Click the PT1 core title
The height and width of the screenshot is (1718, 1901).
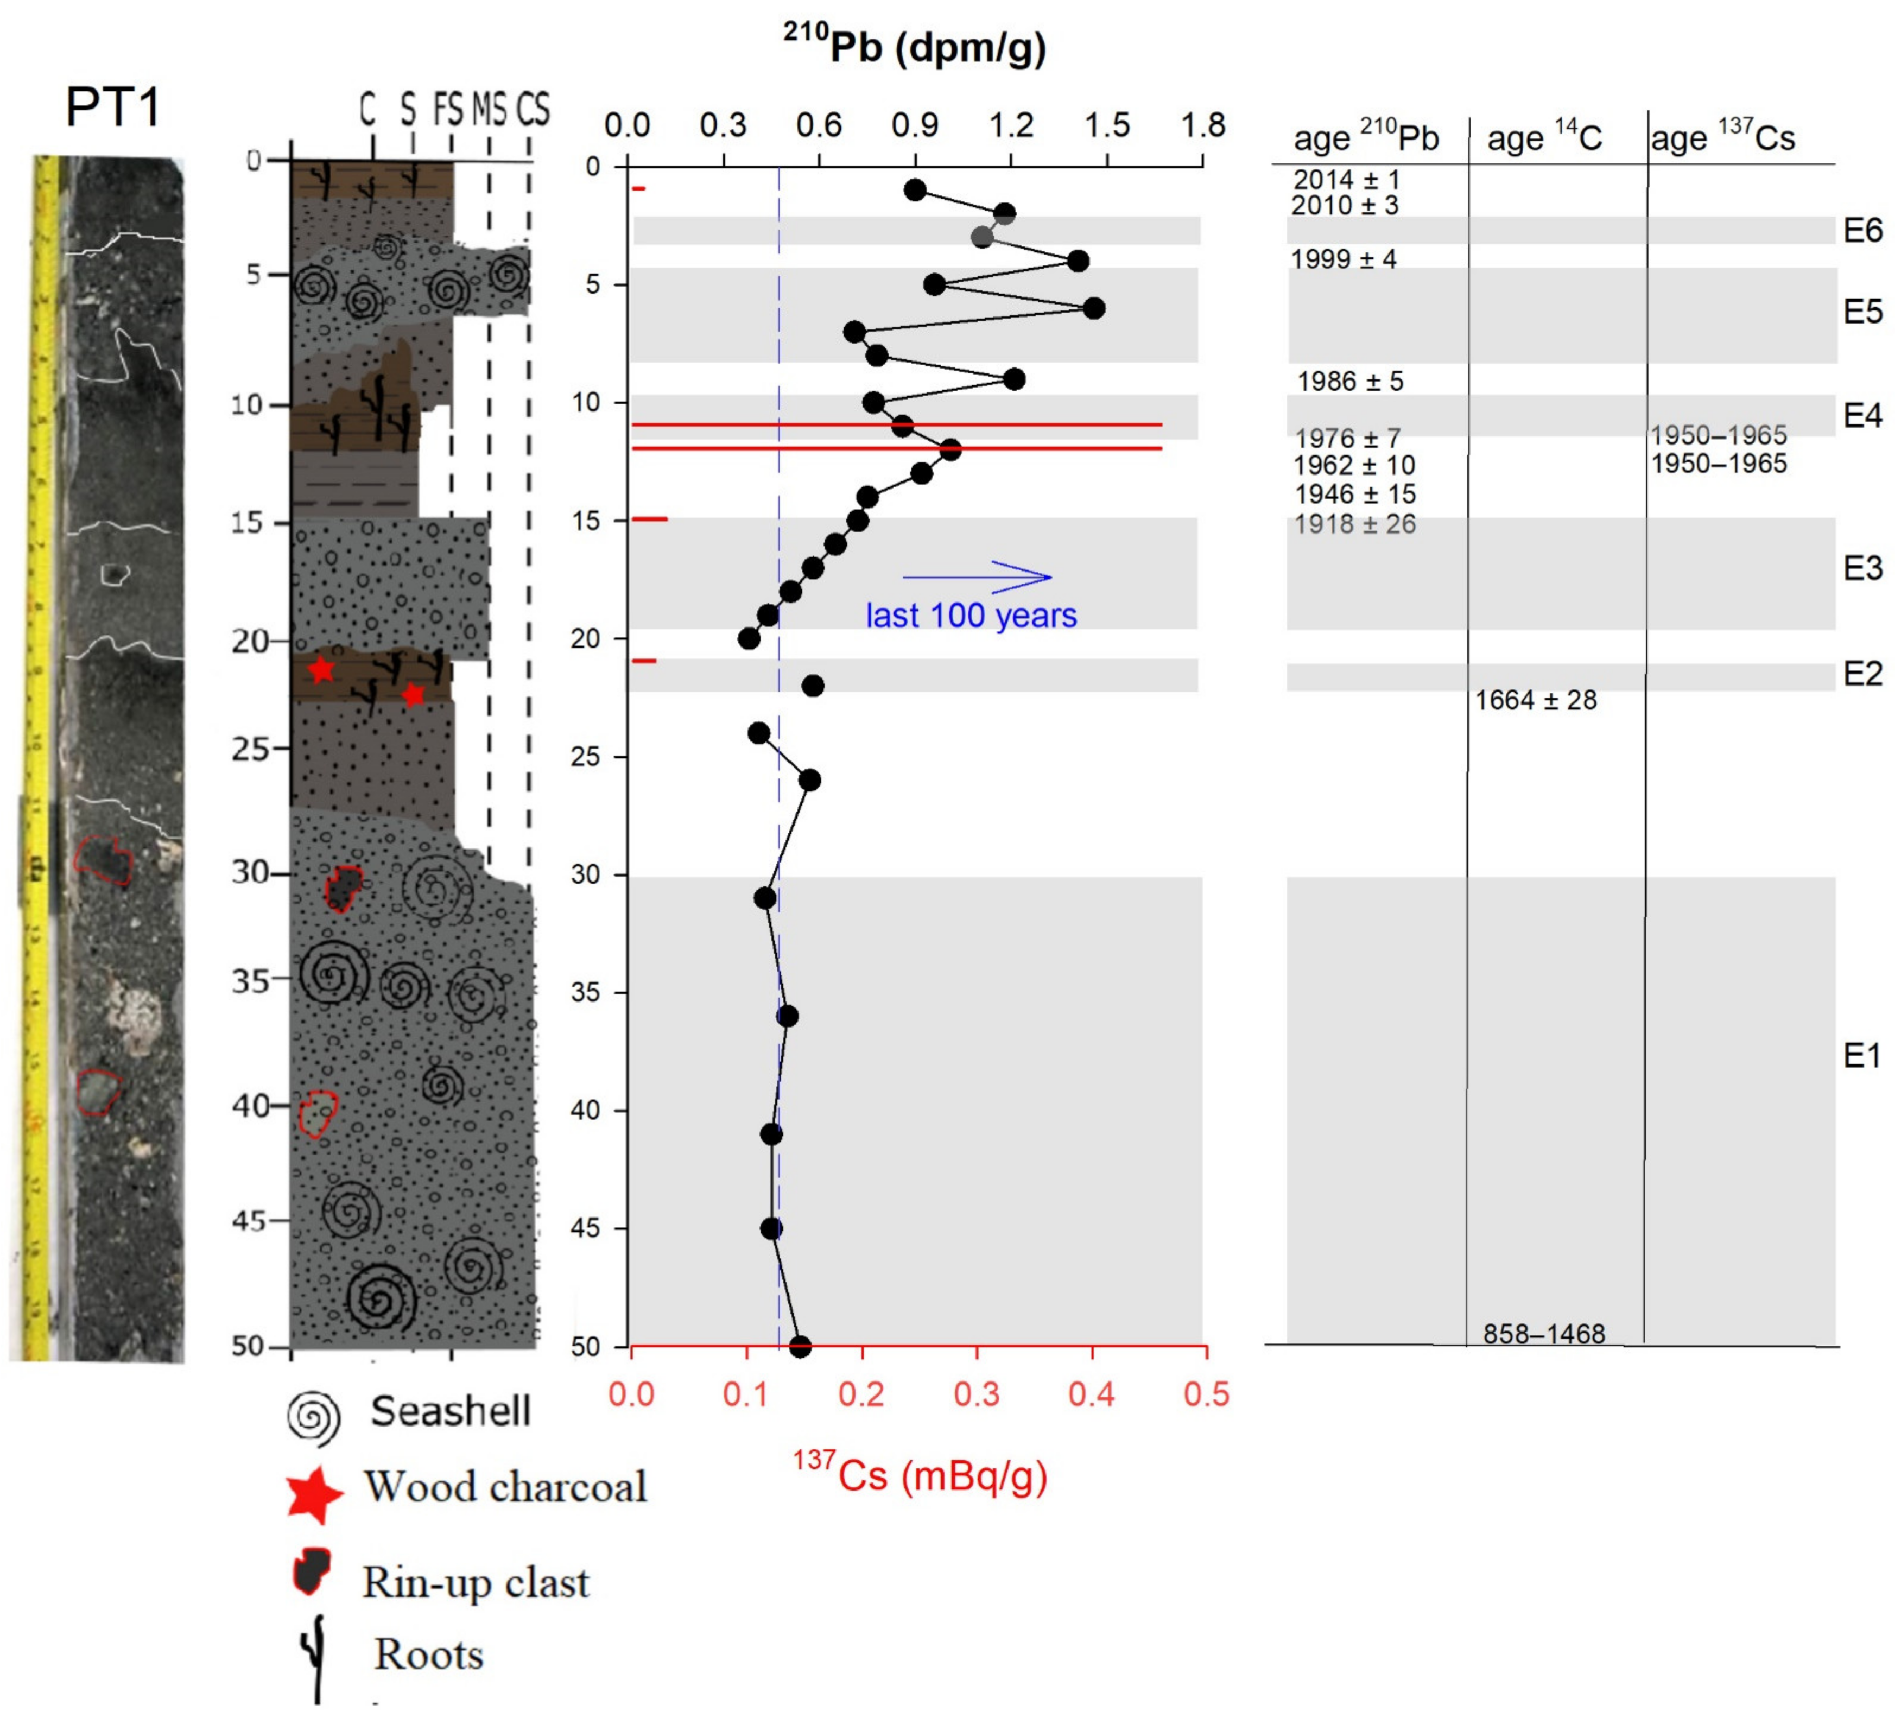113,106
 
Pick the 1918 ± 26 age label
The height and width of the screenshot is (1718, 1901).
1355,524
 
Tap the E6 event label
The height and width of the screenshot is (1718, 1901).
1862,230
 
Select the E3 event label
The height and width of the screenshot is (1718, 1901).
1862,568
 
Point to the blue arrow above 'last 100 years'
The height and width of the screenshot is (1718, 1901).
976,576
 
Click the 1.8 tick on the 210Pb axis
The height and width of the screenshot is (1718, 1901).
1203,125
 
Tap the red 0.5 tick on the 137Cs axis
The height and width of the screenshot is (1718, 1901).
1206,1393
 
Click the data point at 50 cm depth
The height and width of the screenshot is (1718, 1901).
800,1347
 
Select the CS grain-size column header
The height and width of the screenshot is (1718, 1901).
533,110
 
